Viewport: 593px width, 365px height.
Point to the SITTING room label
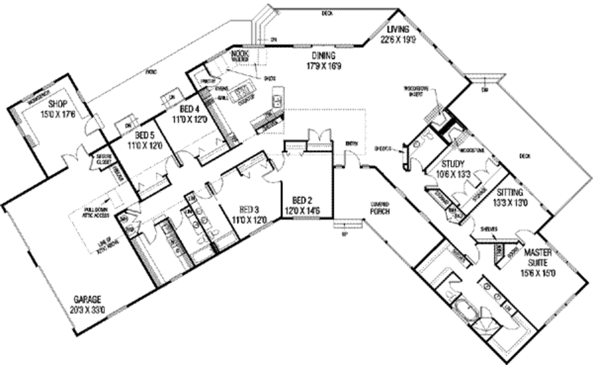pos(510,192)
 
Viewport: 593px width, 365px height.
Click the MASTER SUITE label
pos(539,257)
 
